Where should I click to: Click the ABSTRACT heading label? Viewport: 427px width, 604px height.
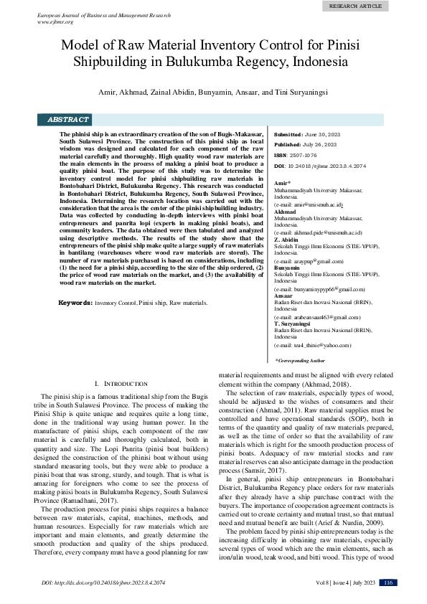(68, 120)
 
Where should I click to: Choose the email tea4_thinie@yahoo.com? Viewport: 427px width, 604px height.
(319, 345)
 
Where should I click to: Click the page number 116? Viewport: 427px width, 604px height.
(388, 582)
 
